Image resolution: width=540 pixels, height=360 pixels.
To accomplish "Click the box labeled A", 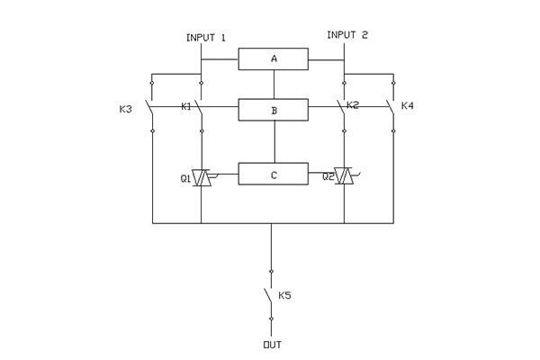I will pyautogui.click(x=274, y=59).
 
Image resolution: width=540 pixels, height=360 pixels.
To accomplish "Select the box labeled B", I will pyautogui.click(x=274, y=111).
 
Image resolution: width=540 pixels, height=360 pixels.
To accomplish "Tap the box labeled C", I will pyautogui.click(x=274, y=174).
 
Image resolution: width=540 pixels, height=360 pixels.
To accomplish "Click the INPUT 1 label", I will pyautogui.click(x=205, y=37).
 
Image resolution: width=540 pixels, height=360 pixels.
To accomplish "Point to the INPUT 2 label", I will pyautogui.click(x=347, y=35).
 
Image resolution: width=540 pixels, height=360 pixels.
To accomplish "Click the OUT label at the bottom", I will pyautogui.click(x=271, y=345).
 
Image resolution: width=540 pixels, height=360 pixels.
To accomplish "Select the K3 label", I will pyautogui.click(x=125, y=110).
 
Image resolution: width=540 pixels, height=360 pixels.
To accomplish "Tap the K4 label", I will pyautogui.click(x=407, y=107).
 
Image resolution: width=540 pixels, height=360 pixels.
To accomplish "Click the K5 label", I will pyautogui.click(x=284, y=295).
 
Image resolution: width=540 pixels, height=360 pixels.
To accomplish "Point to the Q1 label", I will pyautogui.click(x=185, y=179).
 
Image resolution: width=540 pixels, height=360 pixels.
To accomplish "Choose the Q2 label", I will pyautogui.click(x=328, y=177).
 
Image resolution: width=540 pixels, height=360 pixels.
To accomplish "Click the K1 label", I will pyautogui.click(x=185, y=107).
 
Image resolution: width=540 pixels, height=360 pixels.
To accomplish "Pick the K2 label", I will pyautogui.click(x=353, y=106).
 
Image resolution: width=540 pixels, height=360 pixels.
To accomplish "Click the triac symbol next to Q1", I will pyautogui.click(x=202, y=177).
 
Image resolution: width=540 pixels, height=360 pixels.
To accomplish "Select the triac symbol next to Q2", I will pyautogui.click(x=344, y=176).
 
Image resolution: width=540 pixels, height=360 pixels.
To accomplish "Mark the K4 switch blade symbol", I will pyautogui.click(x=391, y=112).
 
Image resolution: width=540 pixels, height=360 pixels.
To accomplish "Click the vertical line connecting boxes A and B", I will pyautogui.click(x=274, y=85).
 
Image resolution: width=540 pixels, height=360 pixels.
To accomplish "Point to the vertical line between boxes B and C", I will pyautogui.click(x=274, y=142).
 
